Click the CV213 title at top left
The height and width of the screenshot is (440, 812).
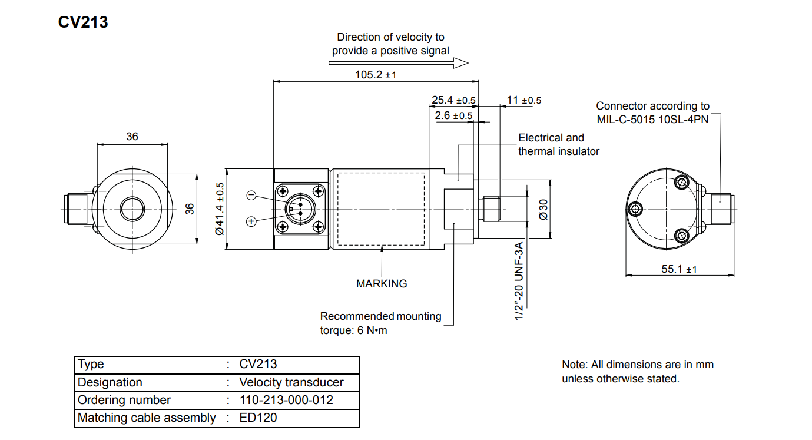pyautogui.click(x=82, y=22)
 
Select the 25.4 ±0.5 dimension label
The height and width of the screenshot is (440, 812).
pyautogui.click(x=453, y=100)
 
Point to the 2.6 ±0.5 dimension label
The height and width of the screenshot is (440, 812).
pyautogui.click(x=453, y=115)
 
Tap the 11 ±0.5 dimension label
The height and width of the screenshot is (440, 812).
pyautogui.click(x=523, y=100)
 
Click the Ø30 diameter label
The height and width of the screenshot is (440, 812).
pyautogui.click(x=543, y=209)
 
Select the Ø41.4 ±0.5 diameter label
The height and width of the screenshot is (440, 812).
pyautogui.click(x=220, y=209)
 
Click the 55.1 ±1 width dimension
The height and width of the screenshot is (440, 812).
pyautogui.click(x=679, y=269)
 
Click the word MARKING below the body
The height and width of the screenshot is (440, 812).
pyautogui.click(x=382, y=283)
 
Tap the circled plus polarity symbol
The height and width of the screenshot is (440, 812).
pyautogui.click(x=251, y=221)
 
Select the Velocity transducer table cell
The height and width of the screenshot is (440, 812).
pyautogui.click(x=291, y=382)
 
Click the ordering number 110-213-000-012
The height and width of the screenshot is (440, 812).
pyautogui.click(x=286, y=400)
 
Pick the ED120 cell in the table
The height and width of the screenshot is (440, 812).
pyautogui.click(x=258, y=418)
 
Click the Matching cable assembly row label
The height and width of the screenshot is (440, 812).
pyautogui.click(x=147, y=418)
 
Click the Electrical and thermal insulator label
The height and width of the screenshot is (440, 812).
pyautogui.click(x=558, y=144)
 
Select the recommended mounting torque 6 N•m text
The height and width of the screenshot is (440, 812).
pyautogui.click(x=380, y=323)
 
